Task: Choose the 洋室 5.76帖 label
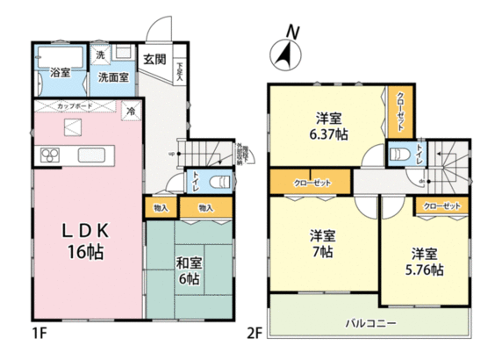click(x=424, y=262)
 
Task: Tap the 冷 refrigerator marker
click(x=130, y=112)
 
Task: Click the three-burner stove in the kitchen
click(x=47, y=157)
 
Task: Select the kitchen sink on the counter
click(x=92, y=156)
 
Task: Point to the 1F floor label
click(x=39, y=336)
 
